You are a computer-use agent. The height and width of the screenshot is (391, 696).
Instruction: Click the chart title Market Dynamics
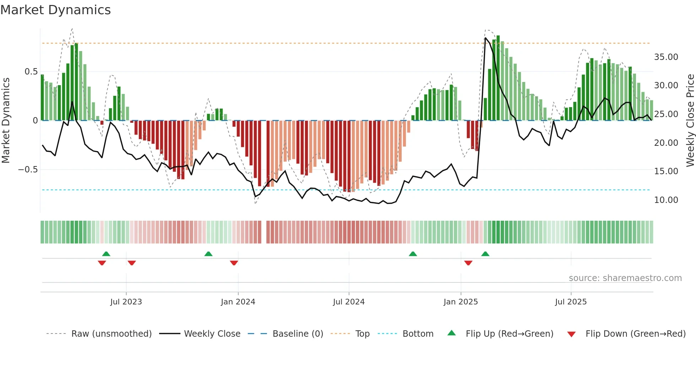click(x=55, y=10)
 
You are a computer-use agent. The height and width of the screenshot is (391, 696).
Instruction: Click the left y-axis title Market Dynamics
click(x=6, y=121)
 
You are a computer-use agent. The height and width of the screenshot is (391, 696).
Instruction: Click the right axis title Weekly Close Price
click(x=690, y=121)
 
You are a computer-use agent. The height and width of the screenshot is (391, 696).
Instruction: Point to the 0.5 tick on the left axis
click(x=31, y=72)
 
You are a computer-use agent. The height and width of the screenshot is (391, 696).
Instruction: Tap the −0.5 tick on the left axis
click(x=28, y=170)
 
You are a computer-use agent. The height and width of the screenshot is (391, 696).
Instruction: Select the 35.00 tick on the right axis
click(x=666, y=57)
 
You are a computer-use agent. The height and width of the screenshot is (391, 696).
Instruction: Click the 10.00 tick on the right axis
click(x=666, y=200)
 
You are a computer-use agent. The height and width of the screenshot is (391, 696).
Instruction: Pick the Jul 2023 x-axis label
click(x=126, y=302)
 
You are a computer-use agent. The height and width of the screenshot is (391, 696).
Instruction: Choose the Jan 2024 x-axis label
click(x=238, y=302)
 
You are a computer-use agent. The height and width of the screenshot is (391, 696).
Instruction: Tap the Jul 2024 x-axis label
click(x=349, y=302)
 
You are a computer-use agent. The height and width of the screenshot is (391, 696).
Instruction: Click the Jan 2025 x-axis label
click(x=461, y=302)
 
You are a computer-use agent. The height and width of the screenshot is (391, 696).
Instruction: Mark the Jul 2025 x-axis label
click(x=571, y=302)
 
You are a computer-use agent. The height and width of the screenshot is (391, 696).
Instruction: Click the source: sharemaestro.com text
click(x=625, y=278)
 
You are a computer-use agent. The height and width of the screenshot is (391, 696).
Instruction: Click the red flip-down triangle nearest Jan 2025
click(x=468, y=263)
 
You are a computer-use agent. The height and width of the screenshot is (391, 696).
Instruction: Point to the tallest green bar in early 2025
click(x=498, y=78)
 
